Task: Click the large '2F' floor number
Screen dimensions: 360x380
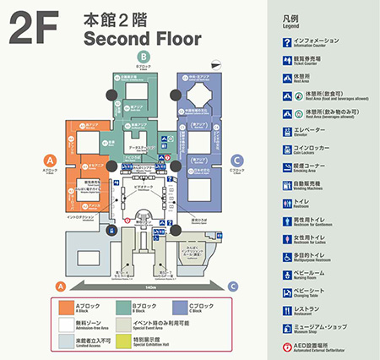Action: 32,27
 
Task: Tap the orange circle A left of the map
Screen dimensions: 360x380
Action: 50,159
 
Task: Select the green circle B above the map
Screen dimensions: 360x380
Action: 144,60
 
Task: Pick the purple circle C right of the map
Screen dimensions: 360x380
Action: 237,159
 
